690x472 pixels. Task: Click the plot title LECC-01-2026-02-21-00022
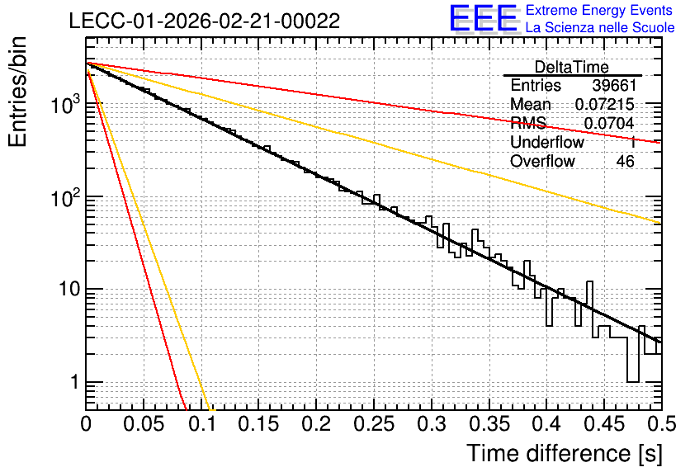click(205, 21)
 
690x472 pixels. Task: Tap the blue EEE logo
click(484, 18)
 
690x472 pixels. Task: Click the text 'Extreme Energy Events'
click(599, 10)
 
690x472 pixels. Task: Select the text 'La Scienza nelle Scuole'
click(600, 27)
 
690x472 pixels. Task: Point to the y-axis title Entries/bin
click(17, 92)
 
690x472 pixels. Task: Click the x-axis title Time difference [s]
click(565, 454)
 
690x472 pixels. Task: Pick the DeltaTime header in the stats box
click(572, 67)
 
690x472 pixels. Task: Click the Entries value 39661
click(614, 85)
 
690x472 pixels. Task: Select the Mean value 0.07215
click(605, 104)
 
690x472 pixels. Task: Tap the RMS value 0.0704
click(609, 124)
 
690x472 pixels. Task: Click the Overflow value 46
click(626, 162)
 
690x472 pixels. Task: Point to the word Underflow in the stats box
click(547, 142)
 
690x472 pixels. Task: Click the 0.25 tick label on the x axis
click(374, 424)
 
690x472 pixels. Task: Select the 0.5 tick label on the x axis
click(662, 424)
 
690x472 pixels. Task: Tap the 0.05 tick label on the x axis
click(144, 424)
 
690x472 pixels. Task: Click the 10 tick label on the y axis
click(69, 290)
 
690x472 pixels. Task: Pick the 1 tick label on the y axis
click(74, 382)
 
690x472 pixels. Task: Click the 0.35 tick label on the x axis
click(489, 424)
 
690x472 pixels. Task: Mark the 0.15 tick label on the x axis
click(259, 424)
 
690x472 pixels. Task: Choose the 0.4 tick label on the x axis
click(547, 424)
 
